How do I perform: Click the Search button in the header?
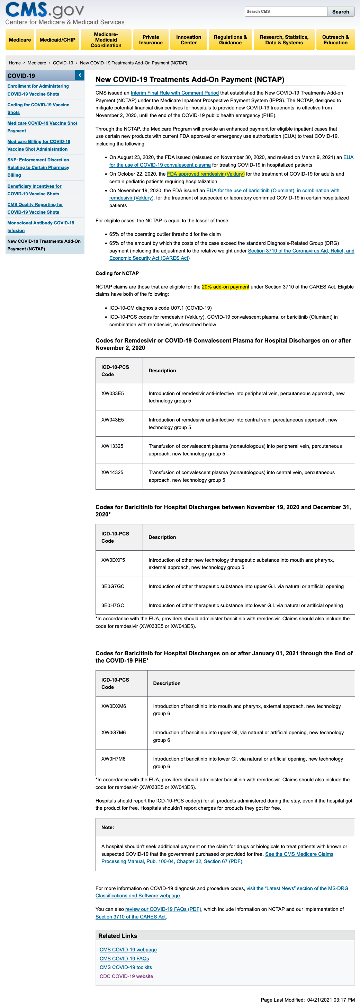(x=341, y=12)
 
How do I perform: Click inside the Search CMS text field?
(x=286, y=12)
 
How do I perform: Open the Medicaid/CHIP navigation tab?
(x=57, y=40)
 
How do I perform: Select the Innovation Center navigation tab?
(x=189, y=40)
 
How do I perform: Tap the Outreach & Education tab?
(x=335, y=40)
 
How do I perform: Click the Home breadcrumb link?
(x=15, y=63)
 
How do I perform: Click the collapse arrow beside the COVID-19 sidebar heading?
(x=80, y=75)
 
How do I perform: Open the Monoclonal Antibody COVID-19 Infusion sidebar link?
(x=40, y=227)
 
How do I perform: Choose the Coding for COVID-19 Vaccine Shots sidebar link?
(x=38, y=109)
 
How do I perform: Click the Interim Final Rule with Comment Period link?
(x=175, y=93)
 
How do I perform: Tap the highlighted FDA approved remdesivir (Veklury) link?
(x=206, y=174)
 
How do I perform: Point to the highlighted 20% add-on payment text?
(x=225, y=287)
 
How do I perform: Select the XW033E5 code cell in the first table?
(x=112, y=394)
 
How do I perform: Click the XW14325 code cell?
(x=112, y=473)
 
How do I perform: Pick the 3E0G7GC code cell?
(x=113, y=586)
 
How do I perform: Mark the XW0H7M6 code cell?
(x=113, y=759)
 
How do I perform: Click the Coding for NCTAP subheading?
(x=117, y=273)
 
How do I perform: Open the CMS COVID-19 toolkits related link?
(x=126, y=968)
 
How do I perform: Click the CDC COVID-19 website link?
(x=126, y=977)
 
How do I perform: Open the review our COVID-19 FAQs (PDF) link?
(x=163, y=909)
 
